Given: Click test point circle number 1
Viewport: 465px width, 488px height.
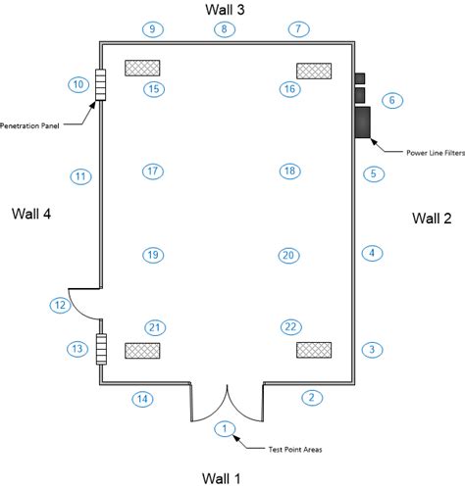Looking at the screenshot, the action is coord(225,428).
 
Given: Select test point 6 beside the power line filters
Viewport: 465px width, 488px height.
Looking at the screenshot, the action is coord(392,100).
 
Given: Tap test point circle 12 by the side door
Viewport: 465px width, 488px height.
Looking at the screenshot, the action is coord(60,306).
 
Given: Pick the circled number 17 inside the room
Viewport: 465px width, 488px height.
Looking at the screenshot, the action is coord(153,171).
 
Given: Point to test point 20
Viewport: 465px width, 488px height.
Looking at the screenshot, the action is coord(288,256).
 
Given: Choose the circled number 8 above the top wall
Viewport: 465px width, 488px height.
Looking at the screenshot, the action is coord(225,29).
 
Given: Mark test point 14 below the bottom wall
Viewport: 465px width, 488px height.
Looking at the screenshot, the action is coord(142,399).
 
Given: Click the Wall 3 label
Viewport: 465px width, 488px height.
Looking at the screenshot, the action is coord(225,10).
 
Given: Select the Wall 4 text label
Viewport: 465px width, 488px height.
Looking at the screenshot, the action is coord(31,214).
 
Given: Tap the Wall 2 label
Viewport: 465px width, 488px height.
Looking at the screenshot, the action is coord(432,219).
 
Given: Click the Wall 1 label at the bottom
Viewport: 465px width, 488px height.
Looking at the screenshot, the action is coord(221,478).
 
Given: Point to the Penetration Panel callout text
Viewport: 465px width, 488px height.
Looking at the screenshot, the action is coord(29,125).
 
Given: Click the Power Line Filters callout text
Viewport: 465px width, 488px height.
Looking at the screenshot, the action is coord(436,153).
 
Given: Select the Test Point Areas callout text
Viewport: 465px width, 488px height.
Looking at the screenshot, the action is coord(295,450).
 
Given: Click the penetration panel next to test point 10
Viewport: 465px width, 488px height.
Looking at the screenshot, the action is coord(101,84).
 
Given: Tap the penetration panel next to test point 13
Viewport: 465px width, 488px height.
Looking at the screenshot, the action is coord(101,349).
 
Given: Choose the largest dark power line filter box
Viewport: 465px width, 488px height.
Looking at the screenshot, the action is coord(363,122).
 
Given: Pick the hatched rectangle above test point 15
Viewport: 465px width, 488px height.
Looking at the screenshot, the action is coord(142,68).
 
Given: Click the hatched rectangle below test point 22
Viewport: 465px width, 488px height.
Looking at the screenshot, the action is coord(314,350).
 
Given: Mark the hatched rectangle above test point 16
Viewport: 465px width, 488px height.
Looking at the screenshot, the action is coord(314,71).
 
